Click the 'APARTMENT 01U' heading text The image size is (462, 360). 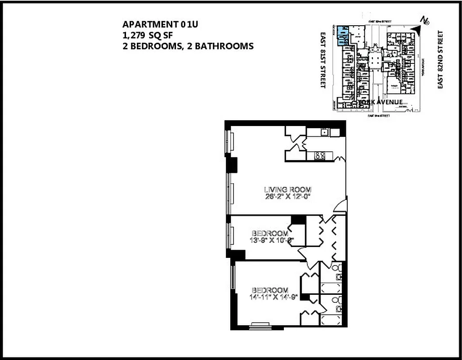pyautogui.click(x=160, y=24)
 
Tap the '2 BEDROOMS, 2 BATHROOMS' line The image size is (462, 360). pyautogui.click(x=188, y=46)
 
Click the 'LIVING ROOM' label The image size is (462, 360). pyautogui.click(x=287, y=189)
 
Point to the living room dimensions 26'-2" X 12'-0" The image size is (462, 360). pyautogui.click(x=287, y=197)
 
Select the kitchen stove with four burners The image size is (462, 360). pyautogui.click(x=320, y=156)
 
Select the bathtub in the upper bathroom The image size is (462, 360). pyautogui.click(x=332, y=287)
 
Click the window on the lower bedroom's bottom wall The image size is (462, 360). pyautogui.click(x=260, y=325)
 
